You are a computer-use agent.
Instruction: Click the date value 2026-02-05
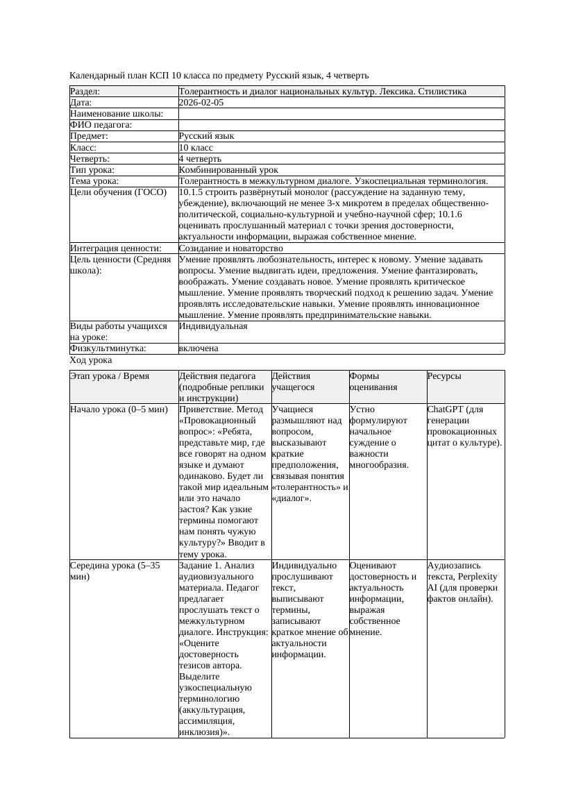(201, 102)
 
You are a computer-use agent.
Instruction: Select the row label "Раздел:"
(85, 91)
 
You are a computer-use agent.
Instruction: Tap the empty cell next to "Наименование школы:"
(340, 113)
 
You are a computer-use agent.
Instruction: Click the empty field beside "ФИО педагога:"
(340, 125)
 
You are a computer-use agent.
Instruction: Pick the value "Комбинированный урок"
(228, 169)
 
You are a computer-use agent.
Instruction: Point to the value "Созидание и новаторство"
(230, 248)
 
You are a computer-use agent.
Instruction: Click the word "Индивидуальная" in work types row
(213, 325)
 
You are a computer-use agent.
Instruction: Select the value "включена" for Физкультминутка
(199, 348)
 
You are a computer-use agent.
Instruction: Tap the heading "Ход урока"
(91, 360)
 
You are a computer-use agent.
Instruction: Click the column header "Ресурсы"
(444, 376)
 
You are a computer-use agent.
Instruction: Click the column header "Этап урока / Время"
(110, 376)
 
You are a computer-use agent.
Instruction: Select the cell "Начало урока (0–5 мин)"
(119, 409)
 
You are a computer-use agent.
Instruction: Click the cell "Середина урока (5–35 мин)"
(115, 570)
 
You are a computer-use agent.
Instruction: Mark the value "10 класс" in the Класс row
(196, 147)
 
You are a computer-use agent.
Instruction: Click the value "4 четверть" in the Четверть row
(200, 158)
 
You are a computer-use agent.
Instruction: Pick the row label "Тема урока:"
(94, 180)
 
